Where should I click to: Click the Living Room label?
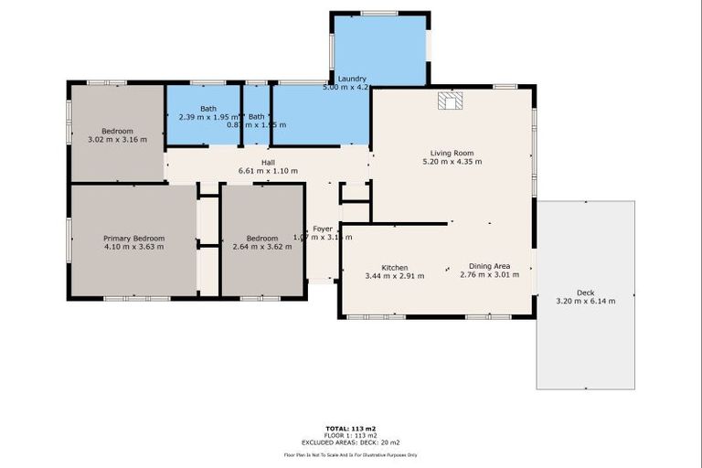pyautogui.click(x=452, y=153)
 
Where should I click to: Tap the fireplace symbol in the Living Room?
pyautogui.click(x=451, y=100)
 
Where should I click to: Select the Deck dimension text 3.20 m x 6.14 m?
pyautogui.click(x=585, y=301)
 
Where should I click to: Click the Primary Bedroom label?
pyautogui.click(x=133, y=238)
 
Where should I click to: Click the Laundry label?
pyautogui.click(x=352, y=79)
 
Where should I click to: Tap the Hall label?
pyautogui.click(x=268, y=162)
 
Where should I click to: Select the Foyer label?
pyautogui.click(x=323, y=229)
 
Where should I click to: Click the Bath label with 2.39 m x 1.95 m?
pyautogui.click(x=208, y=109)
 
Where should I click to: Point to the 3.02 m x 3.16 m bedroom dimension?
pyautogui.click(x=117, y=140)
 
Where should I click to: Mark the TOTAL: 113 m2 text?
pyautogui.click(x=351, y=428)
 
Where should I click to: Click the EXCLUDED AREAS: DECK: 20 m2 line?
pyautogui.click(x=351, y=441)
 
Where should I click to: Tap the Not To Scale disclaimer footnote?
pyautogui.click(x=351, y=454)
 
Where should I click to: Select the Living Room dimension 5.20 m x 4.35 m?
pyautogui.click(x=452, y=162)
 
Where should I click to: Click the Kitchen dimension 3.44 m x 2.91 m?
pyautogui.click(x=394, y=275)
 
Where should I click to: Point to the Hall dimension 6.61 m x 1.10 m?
pyautogui.click(x=268, y=171)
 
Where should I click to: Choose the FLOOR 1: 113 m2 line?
pyautogui.click(x=351, y=435)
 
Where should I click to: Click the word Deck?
pyautogui.click(x=585, y=292)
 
